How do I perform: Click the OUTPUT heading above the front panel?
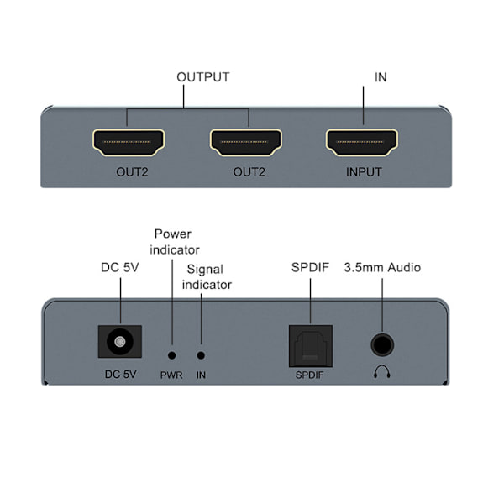pyautogui.click(x=202, y=77)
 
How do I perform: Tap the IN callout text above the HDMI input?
pyautogui.click(x=381, y=77)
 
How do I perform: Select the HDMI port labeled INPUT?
pyautogui.click(x=364, y=143)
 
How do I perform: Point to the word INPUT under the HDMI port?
pyautogui.click(x=364, y=172)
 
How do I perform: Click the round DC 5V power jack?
pyautogui.click(x=120, y=344)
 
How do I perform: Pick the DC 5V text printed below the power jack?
pyautogui.click(x=120, y=375)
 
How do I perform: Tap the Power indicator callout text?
pyautogui.click(x=174, y=241)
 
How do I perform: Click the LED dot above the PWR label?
pyautogui.click(x=172, y=356)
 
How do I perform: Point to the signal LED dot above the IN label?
pyautogui.click(x=201, y=356)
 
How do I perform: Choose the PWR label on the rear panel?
pyautogui.click(x=171, y=375)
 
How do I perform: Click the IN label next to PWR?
pyautogui.click(x=201, y=375)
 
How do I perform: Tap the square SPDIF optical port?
pyautogui.click(x=310, y=344)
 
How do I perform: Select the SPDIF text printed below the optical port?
pyautogui.click(x=310, y=375)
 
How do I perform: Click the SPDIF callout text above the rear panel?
pyautogui.click(x=310, y=268)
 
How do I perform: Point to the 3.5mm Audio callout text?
pyautogui.click(x=382, y=268)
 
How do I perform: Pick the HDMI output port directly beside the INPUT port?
pyautogui.click(x=246, y=143)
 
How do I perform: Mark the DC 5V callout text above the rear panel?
pyautogui.click(x=120, y=268)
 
